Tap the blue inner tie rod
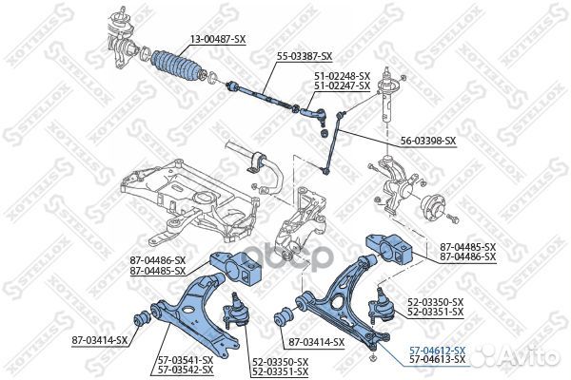(x=262, y=95)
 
